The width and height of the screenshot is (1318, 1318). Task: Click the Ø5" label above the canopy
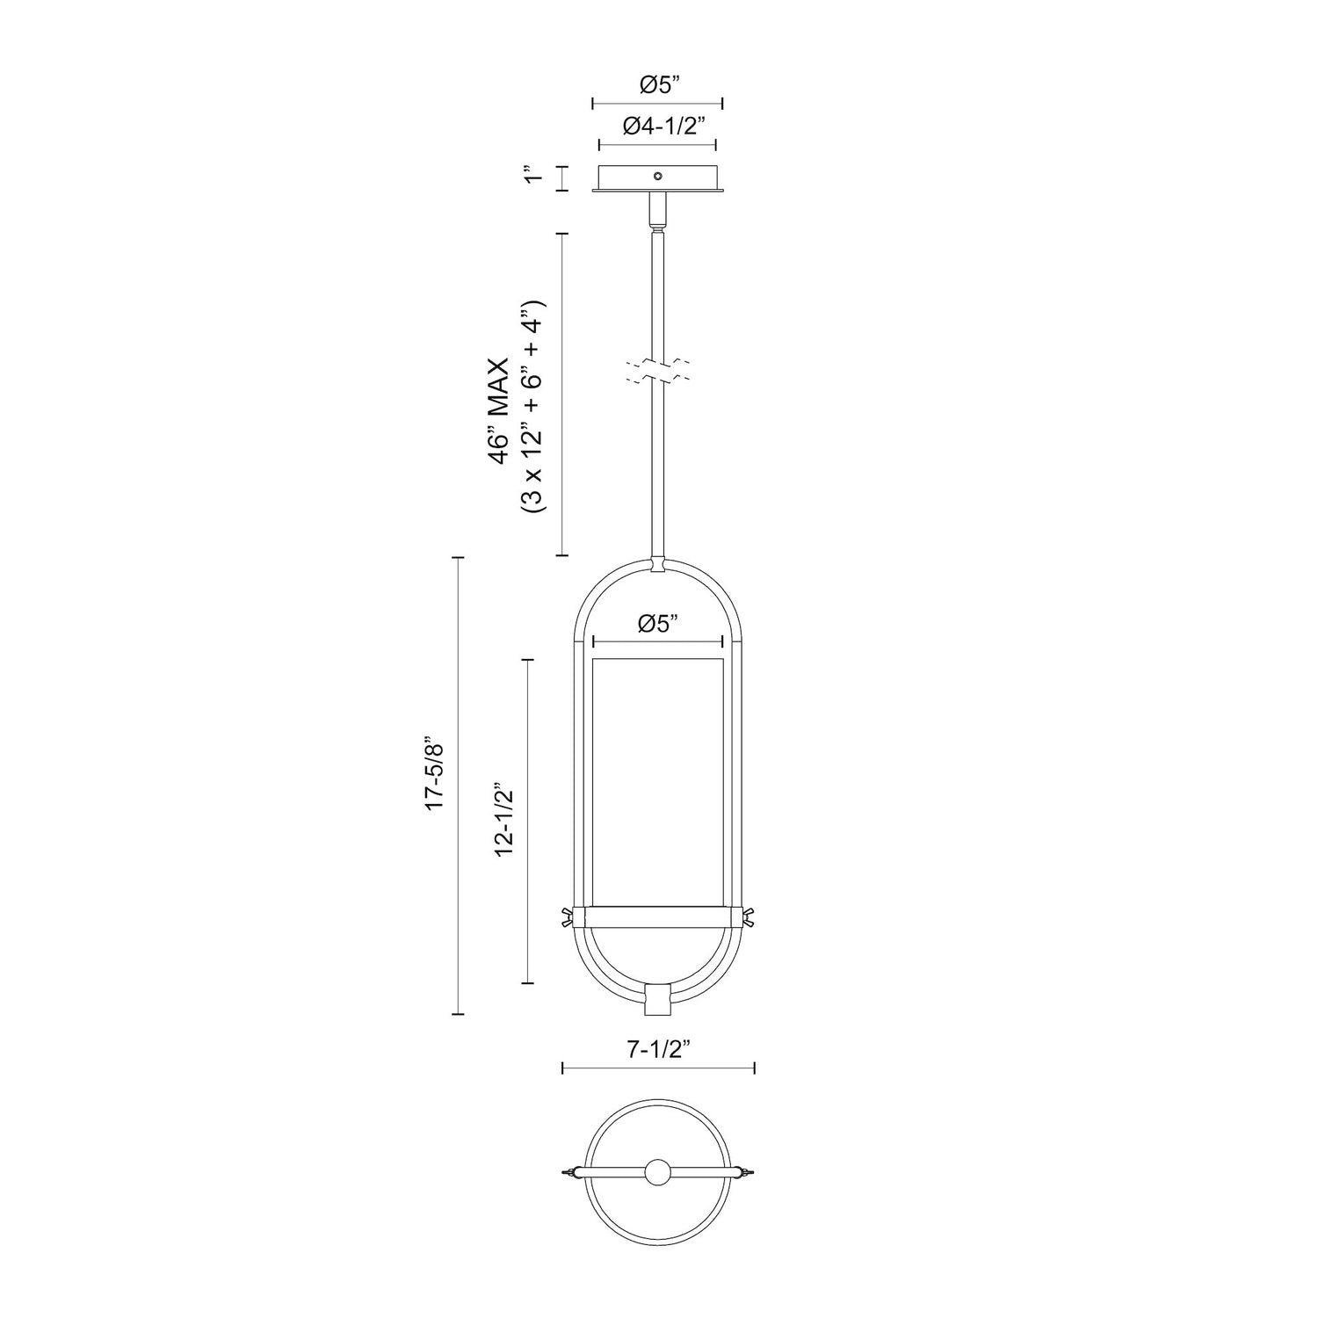[x=657, y=85]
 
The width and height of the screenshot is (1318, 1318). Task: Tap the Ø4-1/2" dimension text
[x=658, y=127]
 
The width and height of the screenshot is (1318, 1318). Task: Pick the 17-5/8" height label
[x=436, y=786]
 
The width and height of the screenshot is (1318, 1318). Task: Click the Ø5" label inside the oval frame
[x=658, y=625]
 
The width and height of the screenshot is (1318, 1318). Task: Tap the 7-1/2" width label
[x=658, y=1048]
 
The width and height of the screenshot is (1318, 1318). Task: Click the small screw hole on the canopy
[x=657, y=177]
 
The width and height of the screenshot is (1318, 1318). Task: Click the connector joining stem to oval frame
[x=657, y=564]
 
